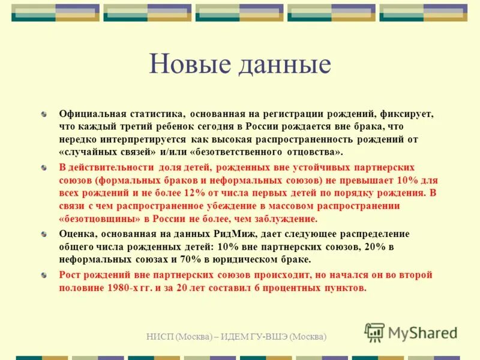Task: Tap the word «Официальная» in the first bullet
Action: coord(89,113)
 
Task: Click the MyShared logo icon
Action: coord(374,332)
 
